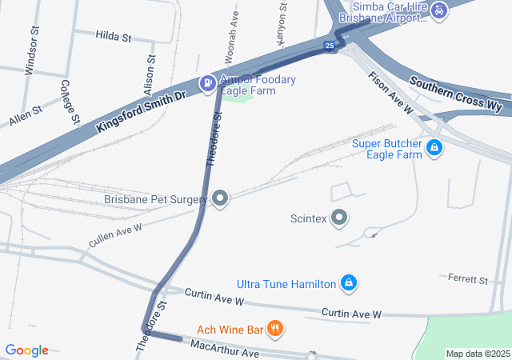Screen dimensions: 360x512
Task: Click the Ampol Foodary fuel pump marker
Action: point(206,82)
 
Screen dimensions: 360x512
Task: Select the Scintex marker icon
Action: point(339,218)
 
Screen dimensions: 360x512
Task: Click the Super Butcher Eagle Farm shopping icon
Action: point(434,149)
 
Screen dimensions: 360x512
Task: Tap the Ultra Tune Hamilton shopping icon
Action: point(348,283)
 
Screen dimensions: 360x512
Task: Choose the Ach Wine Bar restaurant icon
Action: point(274,328)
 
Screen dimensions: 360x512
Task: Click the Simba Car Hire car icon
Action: point(439,10)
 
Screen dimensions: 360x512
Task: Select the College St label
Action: point(70,102)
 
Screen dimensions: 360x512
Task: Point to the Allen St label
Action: point(25,114)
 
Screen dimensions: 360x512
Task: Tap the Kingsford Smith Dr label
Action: point(140,104)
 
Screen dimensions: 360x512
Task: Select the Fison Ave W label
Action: point(392,92)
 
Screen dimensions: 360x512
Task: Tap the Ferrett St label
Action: point(469,280)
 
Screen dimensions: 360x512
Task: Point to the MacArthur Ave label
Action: point(225,349)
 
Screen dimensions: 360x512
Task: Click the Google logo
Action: point(27,350)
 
